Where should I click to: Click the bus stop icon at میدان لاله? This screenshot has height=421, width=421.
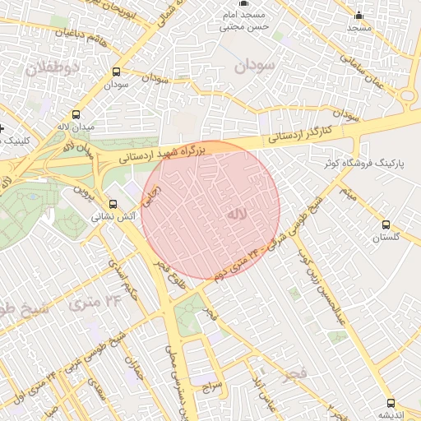point(76,115)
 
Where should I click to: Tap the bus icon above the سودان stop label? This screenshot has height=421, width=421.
point(115,72)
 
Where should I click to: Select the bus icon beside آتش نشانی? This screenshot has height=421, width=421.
point(113,205)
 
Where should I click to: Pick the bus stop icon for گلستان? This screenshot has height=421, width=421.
point(386,224)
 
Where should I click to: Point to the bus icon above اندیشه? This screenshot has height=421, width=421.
point(391,403)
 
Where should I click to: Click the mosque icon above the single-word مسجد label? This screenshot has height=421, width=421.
point(359,16)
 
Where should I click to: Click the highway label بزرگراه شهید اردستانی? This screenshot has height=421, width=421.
point(161,153)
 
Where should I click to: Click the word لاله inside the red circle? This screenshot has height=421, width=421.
point(236,215)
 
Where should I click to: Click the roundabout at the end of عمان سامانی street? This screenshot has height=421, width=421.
point(409,96)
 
